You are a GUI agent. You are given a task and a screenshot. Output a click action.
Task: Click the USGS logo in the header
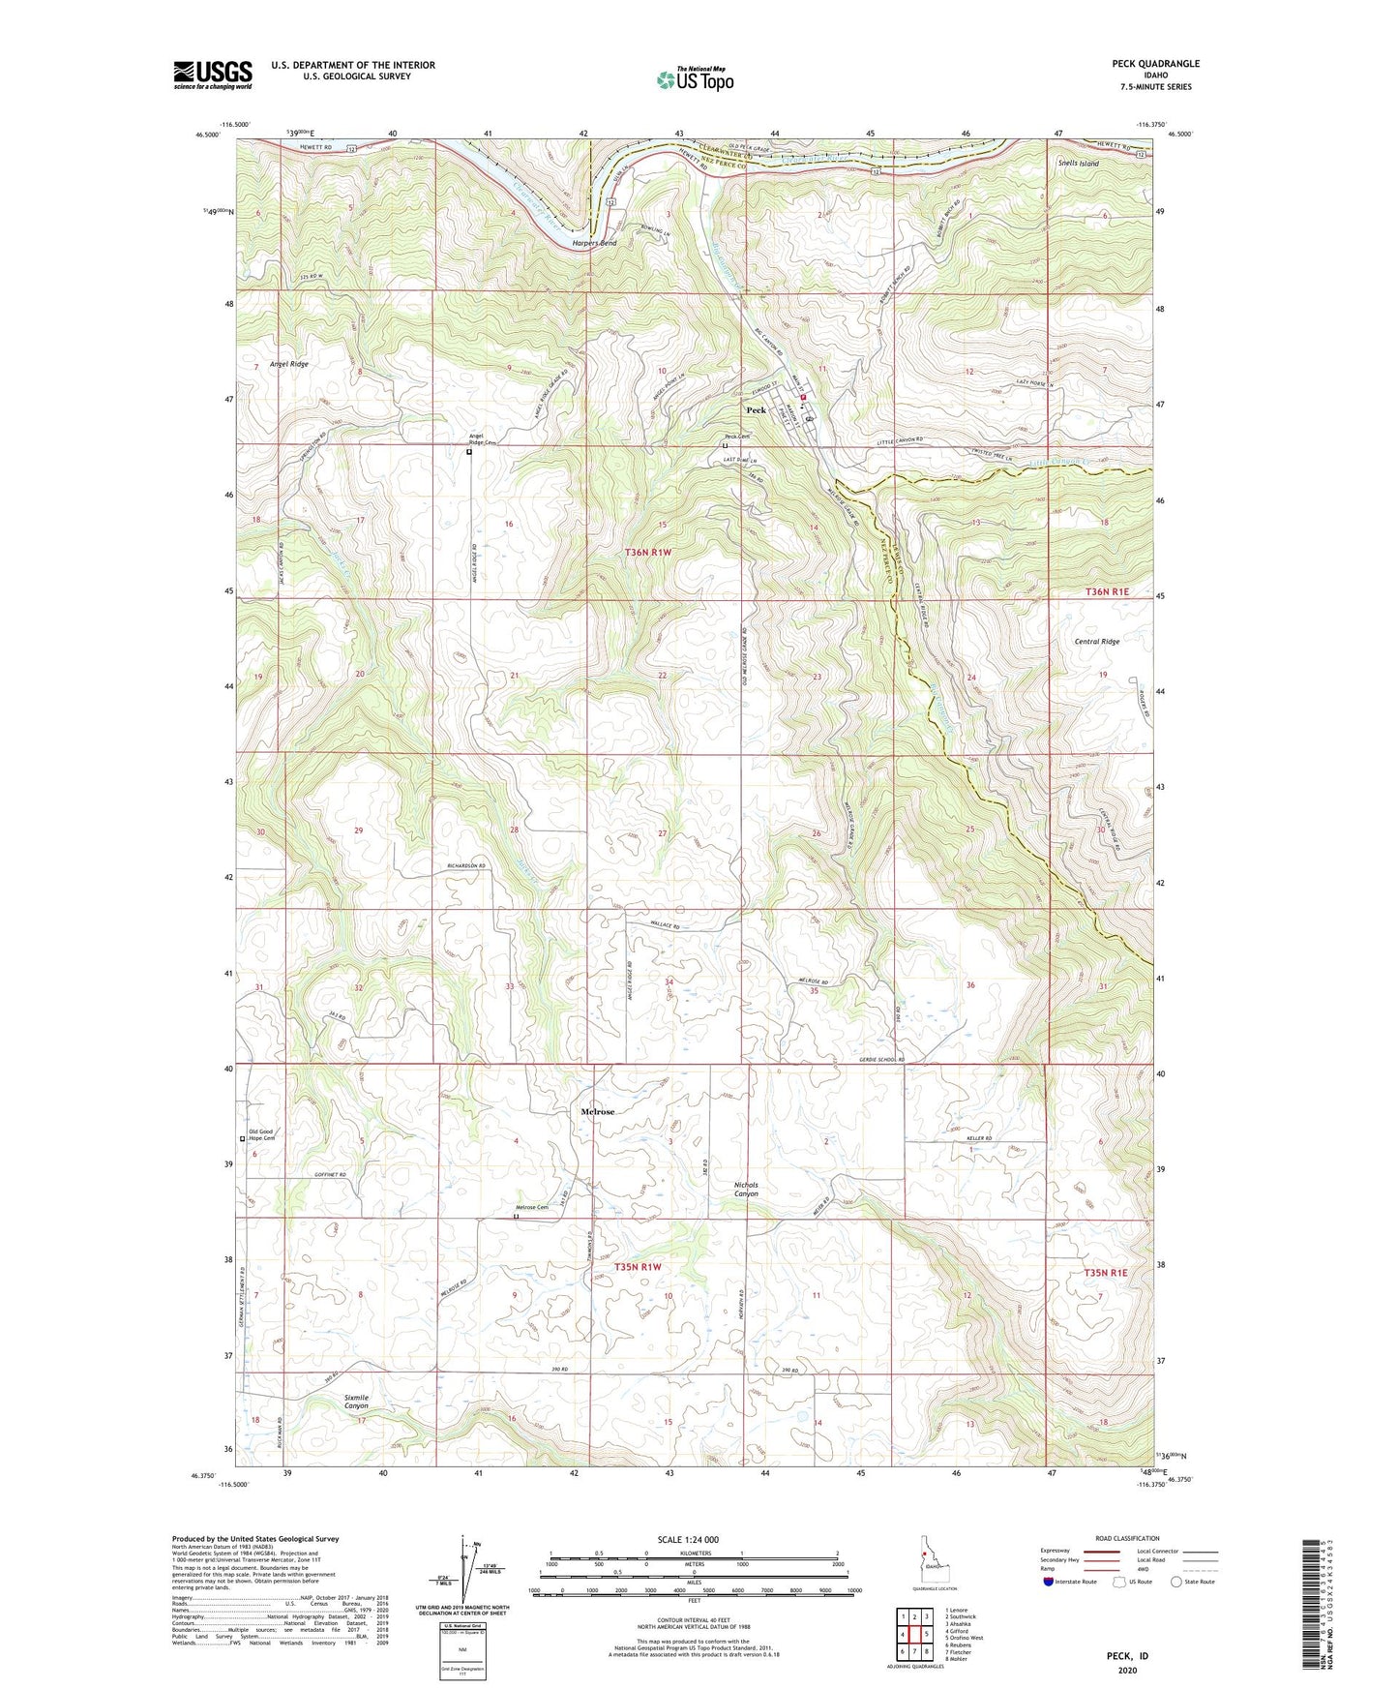tap(213, 74)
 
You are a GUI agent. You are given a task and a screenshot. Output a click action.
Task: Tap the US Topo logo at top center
tap(695, 79)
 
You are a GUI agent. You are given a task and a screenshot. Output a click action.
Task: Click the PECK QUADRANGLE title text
tap(1155, 64)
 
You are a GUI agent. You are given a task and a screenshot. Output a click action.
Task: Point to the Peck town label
tap(756, 410)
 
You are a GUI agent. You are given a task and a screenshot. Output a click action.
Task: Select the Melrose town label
tap(597, 1112)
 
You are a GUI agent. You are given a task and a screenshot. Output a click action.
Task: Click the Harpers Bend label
tap(594, 243)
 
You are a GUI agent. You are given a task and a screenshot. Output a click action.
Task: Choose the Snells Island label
tap(1078, 164)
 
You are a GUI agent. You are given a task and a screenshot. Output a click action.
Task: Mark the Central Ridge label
tap(1096, 642)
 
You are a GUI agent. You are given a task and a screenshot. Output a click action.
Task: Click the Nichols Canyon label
tap(746, 1190)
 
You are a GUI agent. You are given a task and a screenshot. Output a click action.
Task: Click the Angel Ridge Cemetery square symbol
tap(469, 451)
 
